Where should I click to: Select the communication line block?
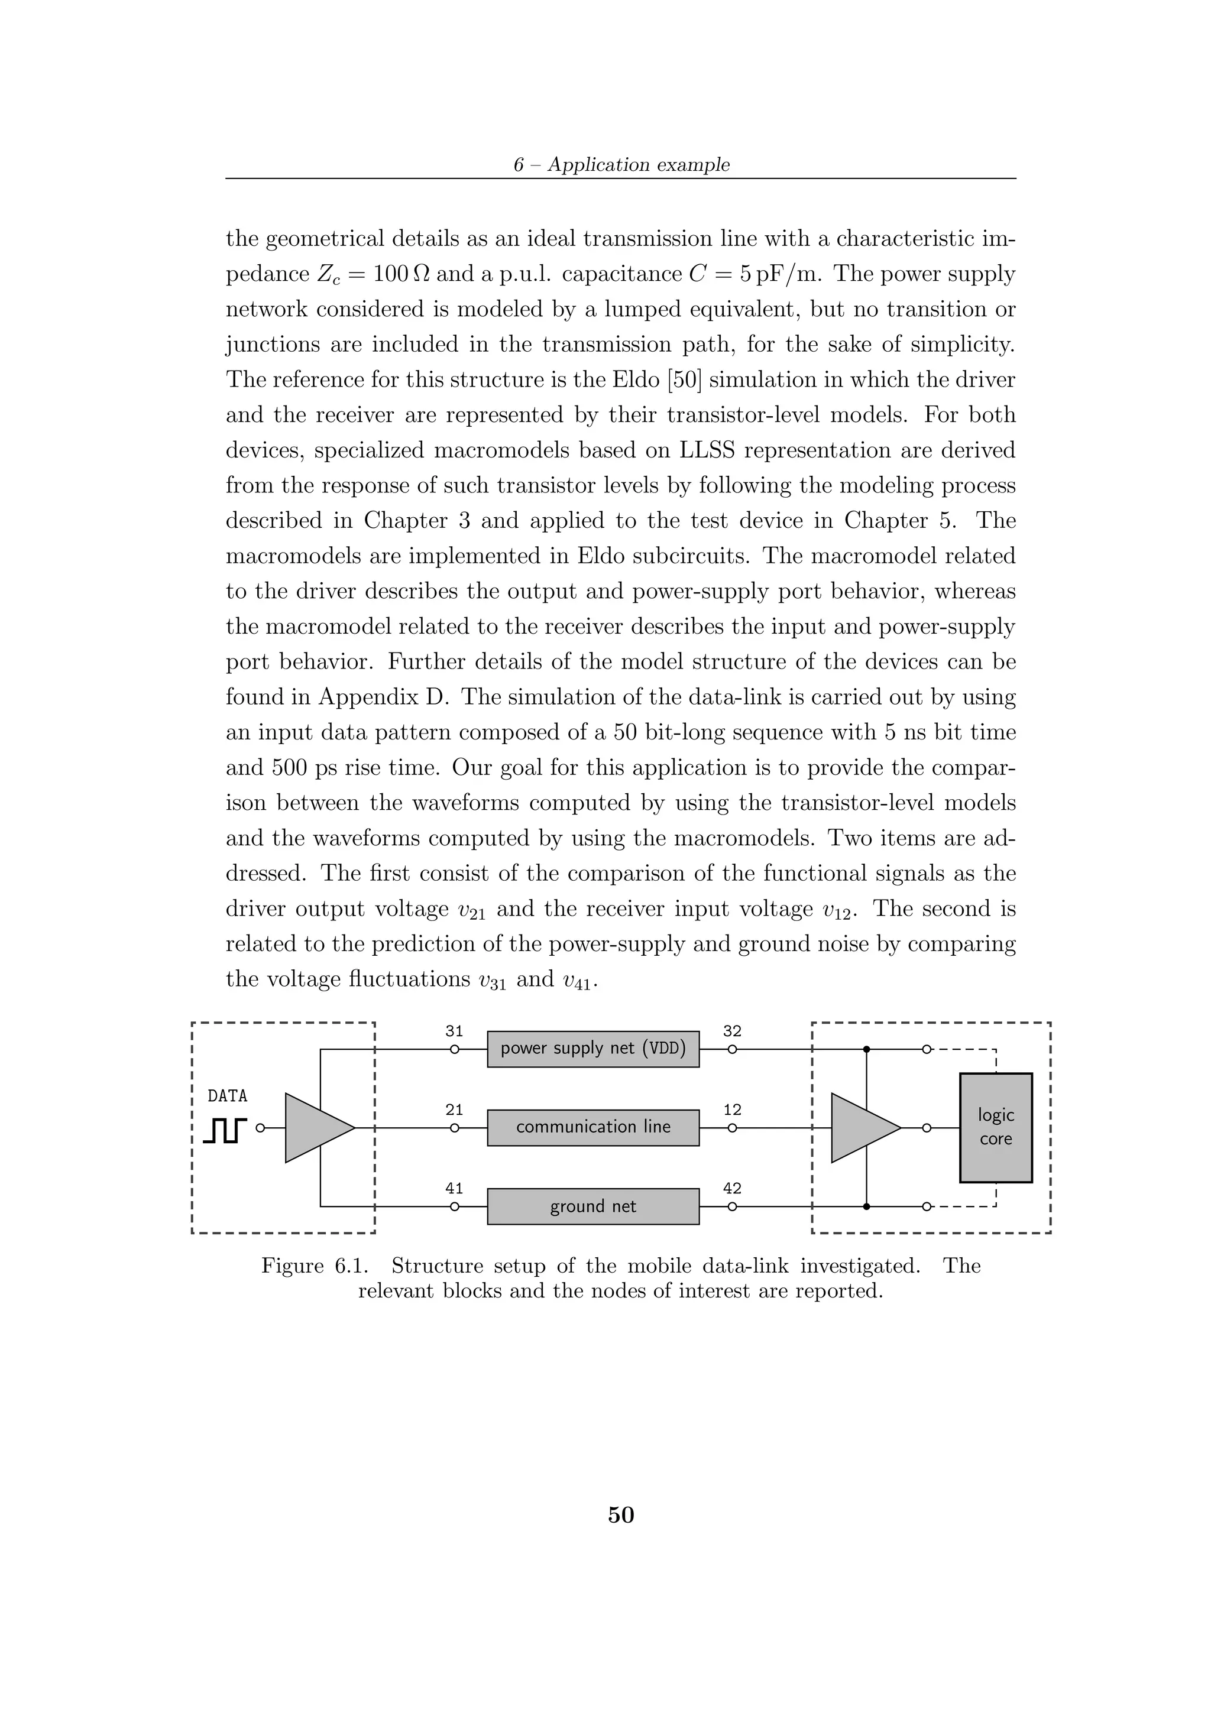[592, 1127]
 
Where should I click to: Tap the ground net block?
[592, 1206]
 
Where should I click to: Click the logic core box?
[995, 1127]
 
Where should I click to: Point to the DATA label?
[228, 1096]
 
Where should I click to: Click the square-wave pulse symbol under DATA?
[225, 1130]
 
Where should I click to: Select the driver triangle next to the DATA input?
[313, 1127]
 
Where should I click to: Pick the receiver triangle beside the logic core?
[860, 1127]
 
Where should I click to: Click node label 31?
[454, 1031]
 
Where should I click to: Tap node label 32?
[732, 1031]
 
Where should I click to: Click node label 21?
[454, 1109]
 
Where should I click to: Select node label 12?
[732, 1109]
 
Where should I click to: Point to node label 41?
[454, 1188]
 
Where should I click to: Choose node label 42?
[732, 1188]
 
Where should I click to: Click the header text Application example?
[639, 165]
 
